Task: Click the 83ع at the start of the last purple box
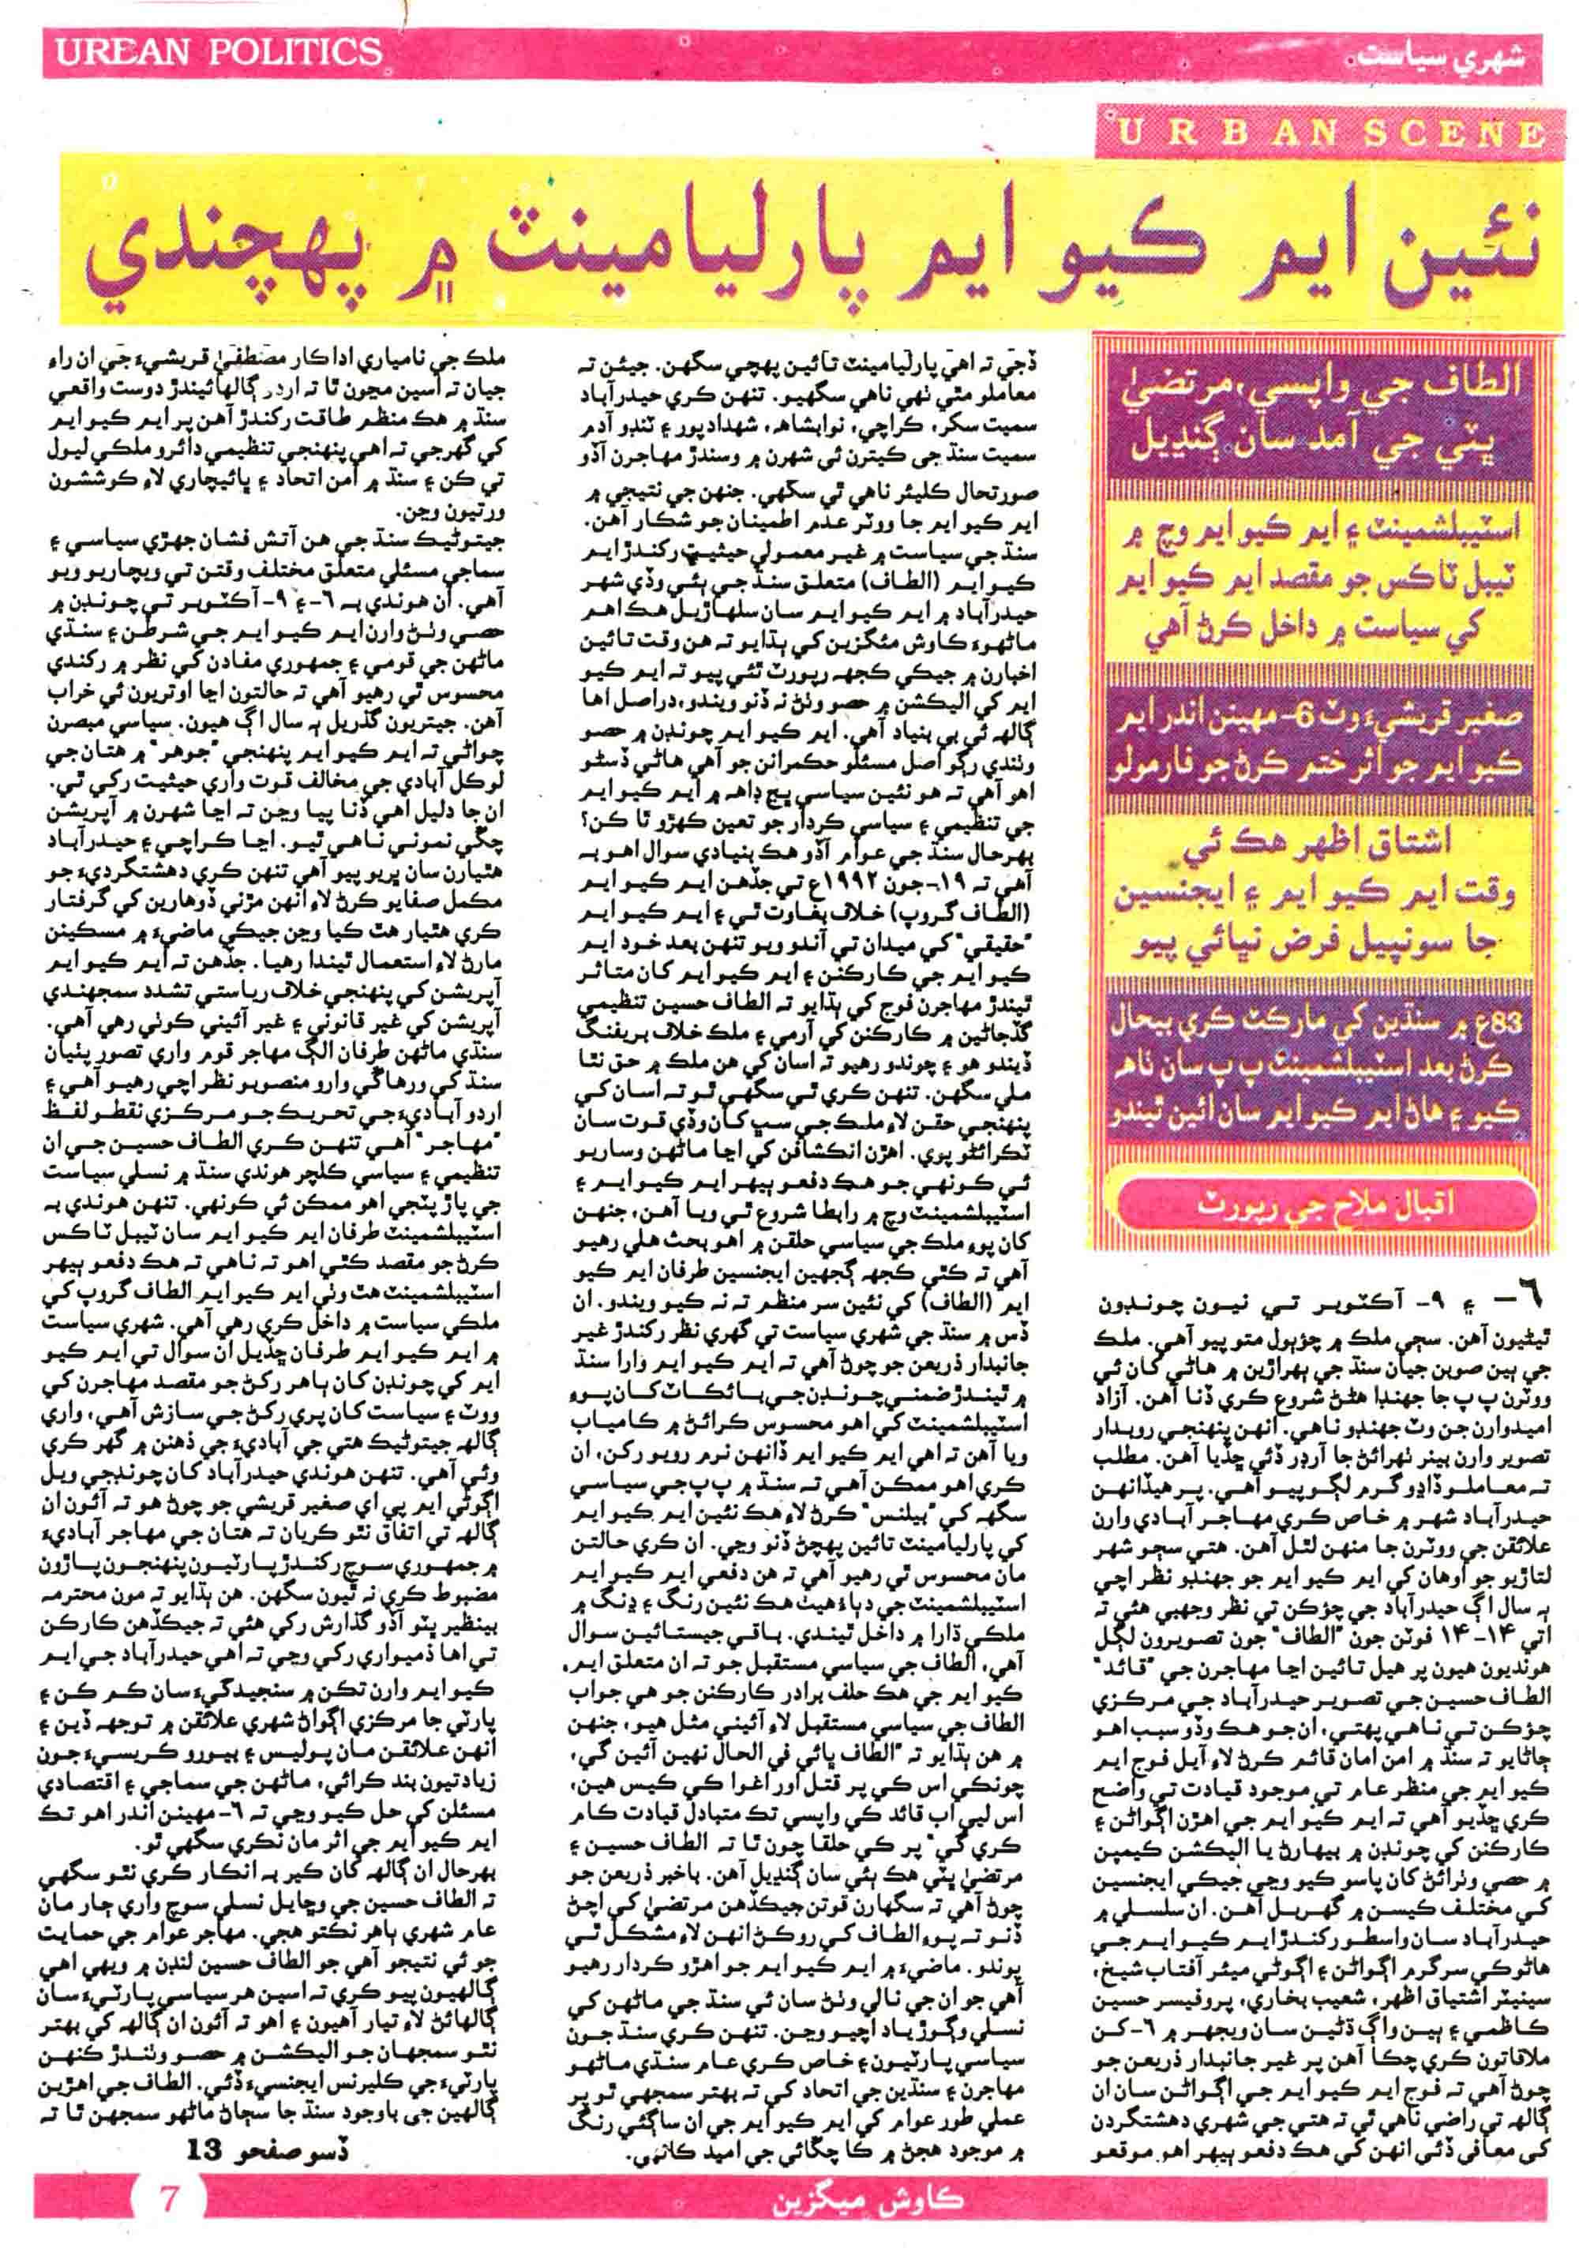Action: [1491, 1025]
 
